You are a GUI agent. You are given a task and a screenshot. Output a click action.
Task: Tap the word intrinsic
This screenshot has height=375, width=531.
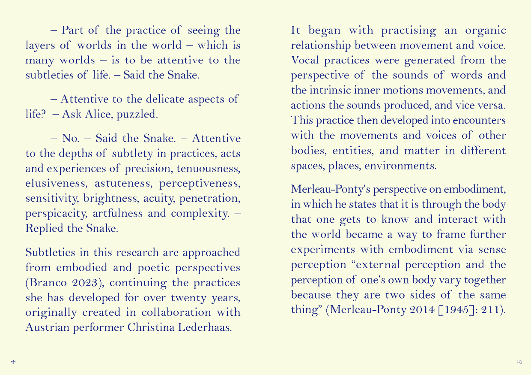pyautogui.click(x=331, y=90)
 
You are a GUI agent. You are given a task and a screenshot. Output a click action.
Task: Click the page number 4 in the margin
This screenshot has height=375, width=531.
pyautogui.click(x=13, y=362)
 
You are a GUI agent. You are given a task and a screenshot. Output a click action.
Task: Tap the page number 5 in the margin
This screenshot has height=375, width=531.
pyautogui.click(x=519, y=362)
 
